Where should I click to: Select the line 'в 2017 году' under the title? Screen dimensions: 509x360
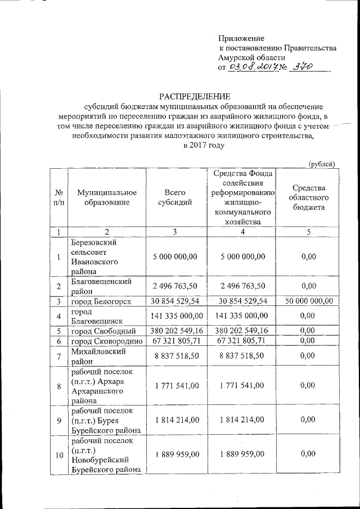[204, 145]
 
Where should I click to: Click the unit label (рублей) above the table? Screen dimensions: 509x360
[321, 164]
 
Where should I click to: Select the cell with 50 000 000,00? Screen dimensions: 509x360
[308, 301]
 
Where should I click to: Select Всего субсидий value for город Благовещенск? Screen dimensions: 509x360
[175, 316]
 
